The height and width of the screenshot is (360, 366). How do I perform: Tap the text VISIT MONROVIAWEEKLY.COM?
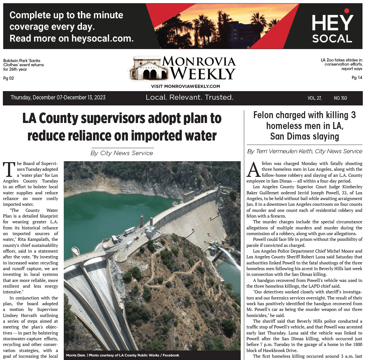tap(185, 86)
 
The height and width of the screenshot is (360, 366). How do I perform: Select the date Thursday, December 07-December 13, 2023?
tap(58, 97)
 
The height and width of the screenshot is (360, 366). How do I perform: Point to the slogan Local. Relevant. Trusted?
tap(189, 97)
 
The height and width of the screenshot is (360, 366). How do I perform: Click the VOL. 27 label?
tap(314, 98)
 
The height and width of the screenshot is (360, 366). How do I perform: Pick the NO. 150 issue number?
tap(340, 98)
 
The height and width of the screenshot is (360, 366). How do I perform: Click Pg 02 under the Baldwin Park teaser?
tap(9, 78)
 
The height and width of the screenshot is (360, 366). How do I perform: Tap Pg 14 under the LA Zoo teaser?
tap(357, 77)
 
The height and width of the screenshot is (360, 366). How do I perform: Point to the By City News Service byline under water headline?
tap(122, 153)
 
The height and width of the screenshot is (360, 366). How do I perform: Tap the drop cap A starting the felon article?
tap(253, 169)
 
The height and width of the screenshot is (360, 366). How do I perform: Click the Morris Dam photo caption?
tap(122, 355)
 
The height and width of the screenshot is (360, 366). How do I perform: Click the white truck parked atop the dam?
tap(129, 231)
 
